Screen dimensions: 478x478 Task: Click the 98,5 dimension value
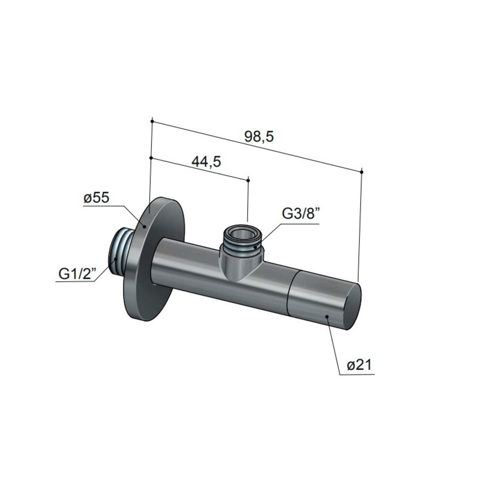click(x=259, y=136)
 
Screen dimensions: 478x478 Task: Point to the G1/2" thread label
click(x=76, y=275)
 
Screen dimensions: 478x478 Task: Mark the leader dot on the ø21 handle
click(x=328, y=317)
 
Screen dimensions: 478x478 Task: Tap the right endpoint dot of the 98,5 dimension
click(x=361, y=172)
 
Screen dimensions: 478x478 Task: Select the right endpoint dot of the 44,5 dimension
click(x=248, y=180)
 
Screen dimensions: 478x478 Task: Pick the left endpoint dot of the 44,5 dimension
click(x=152, y=158)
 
